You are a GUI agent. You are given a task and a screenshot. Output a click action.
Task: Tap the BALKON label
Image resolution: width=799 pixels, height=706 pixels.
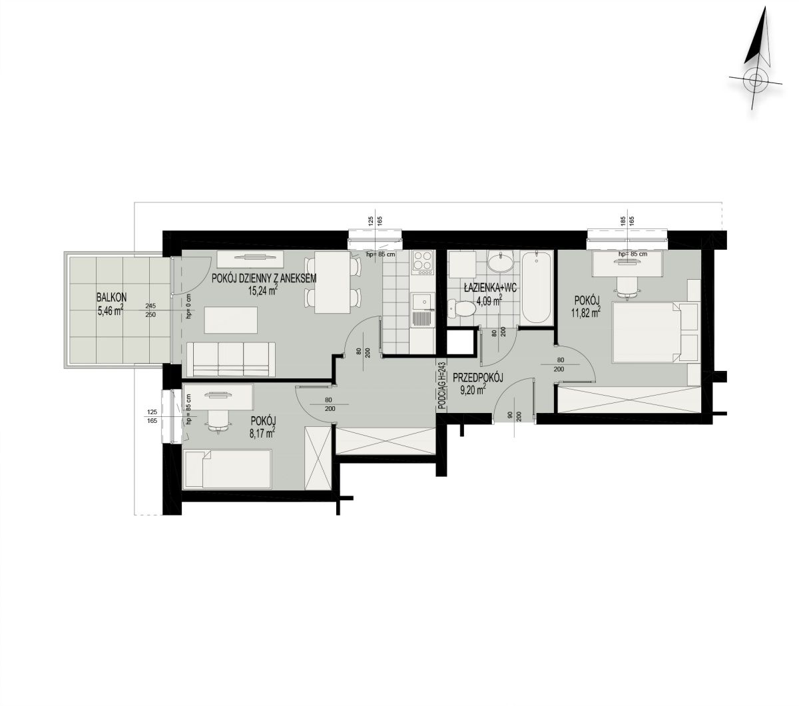112,297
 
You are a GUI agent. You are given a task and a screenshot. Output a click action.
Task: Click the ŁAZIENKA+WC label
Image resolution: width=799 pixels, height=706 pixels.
490,288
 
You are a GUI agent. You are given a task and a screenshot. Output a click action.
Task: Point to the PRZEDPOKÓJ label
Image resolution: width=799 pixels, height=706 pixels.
477,378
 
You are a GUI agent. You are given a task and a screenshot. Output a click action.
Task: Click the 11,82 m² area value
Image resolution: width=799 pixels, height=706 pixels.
587,312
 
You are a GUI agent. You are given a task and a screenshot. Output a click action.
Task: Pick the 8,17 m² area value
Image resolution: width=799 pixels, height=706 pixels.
262,434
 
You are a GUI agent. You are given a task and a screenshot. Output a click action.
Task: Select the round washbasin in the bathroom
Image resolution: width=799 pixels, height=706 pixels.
501,262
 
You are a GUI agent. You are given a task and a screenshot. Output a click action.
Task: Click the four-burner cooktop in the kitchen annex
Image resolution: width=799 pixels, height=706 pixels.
422,262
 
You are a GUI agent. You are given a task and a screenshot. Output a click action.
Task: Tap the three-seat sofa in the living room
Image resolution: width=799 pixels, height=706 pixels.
230,359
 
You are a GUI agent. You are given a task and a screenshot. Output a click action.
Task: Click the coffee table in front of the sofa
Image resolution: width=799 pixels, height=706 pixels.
231,320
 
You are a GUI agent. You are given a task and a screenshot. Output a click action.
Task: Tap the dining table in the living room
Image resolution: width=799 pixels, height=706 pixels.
333,282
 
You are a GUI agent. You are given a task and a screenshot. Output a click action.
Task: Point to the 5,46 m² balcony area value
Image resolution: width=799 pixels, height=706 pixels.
111,310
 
